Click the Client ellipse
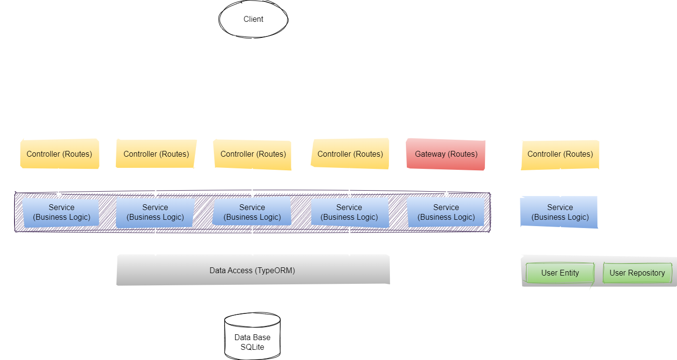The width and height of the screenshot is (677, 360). click(253, 19)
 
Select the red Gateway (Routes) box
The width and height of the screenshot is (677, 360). click(446, 154)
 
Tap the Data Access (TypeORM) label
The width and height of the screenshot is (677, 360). click(252, 270)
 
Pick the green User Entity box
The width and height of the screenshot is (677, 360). click(560, 273)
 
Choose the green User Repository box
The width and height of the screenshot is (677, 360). click(637, 273)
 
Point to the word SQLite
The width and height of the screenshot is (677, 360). click(252, 347)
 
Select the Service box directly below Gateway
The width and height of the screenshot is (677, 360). click(446, 213)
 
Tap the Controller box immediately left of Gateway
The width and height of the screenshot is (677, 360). click(350, 154)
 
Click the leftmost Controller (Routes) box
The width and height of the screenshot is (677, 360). click(59, 154)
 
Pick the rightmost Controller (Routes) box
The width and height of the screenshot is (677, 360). click(560, 154)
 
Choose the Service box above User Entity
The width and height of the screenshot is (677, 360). click(560, 213)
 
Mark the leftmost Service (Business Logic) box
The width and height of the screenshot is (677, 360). click(61, 213)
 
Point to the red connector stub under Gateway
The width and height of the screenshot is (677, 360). click(440, 179)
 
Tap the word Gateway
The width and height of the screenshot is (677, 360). click(430, 154)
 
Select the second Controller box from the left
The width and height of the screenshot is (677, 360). click(156, 154)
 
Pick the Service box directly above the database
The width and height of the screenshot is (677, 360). click(252, 213)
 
